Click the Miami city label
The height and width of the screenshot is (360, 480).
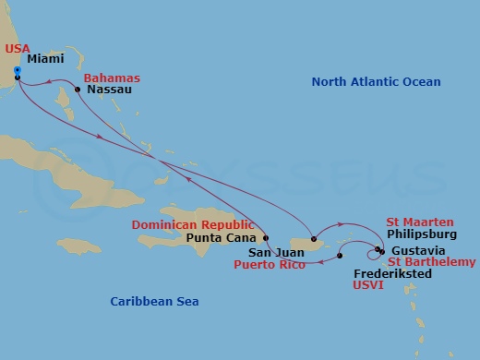pyautogui.click(x=45, y=58)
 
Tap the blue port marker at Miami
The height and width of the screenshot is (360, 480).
pyautogui.click(x=18, y=70)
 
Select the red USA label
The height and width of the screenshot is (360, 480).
pyautogui.click(x=17, y=47)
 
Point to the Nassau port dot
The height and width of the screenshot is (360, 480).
pyautogui.click(x=78, y=90)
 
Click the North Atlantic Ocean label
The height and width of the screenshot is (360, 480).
pyautogui.click(x=376, y=82)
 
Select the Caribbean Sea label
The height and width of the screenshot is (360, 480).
pyautogui.click(x=154, y=302)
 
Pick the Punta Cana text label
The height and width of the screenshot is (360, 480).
pyautogui.click(x=218, y=237)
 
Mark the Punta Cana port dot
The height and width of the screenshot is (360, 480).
pyautogui.click(x=266, y=237)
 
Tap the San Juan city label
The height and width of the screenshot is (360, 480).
pyautogui.click(x=274, y=250)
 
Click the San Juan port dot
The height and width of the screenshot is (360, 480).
pyautogui.click(x=314, y=238)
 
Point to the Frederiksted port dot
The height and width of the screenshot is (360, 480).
pyautogui.click(x=341, y=256)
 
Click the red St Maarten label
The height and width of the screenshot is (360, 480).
pyautogui.click(x=420, y=222)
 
